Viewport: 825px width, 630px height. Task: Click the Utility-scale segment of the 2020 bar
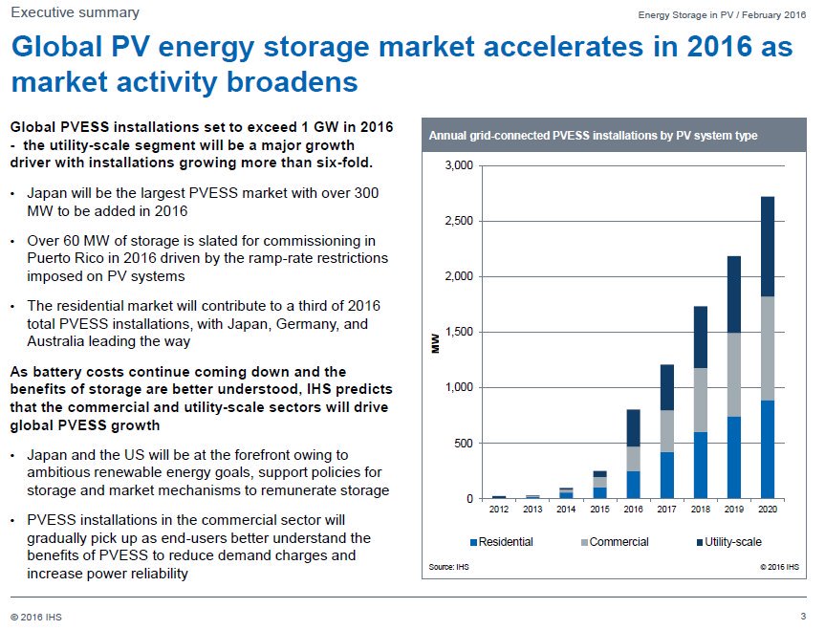[767, 247]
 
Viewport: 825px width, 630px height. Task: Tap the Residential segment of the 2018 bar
[700, 466]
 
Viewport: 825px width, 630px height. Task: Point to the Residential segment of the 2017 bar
[666, 475]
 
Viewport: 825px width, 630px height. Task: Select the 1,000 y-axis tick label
[458, 388]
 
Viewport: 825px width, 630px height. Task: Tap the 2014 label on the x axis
[566, 511]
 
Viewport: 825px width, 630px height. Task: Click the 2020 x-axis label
[767, 511]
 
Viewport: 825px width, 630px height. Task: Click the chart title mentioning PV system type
[593, 136]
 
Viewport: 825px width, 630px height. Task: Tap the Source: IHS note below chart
[449, 568]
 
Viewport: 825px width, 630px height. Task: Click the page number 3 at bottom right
[803, 615]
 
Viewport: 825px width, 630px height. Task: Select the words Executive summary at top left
[75, 12]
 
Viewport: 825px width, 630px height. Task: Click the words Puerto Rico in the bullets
[63, 258]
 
